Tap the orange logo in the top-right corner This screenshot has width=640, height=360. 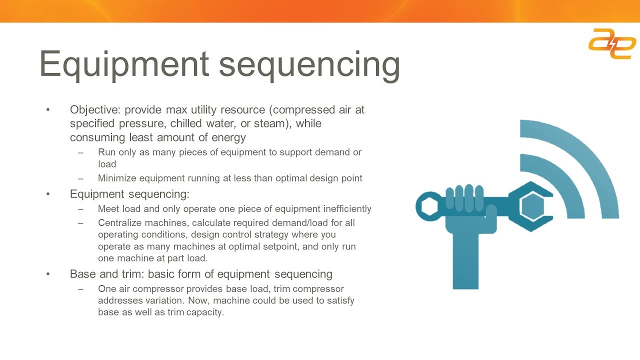pos(612,43)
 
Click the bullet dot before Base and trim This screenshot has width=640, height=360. pos(48,274)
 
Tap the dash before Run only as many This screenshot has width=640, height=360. pos(81,152)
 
